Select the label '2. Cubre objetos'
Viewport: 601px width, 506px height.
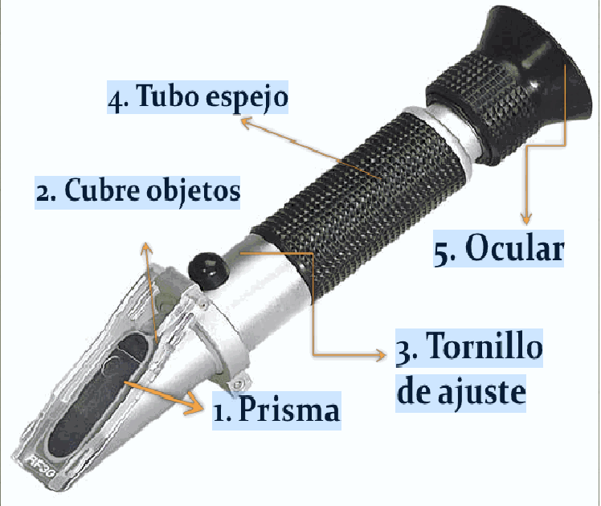point(137,192)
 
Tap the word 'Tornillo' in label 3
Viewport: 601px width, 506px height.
point(481,349)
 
